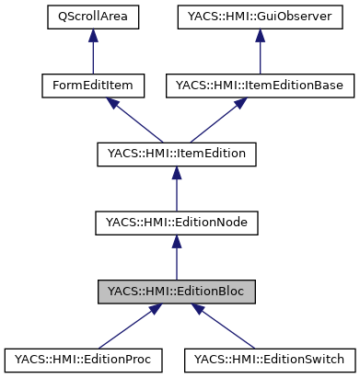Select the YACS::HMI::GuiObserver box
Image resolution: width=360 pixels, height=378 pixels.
coord(261,17)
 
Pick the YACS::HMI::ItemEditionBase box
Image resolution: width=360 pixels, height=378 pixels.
coord(261,86)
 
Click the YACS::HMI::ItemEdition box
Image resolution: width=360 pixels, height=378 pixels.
coord(176,154)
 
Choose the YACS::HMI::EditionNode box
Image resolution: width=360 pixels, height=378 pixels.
coord(176,223)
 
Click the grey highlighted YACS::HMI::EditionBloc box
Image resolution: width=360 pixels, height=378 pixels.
coord(176,292)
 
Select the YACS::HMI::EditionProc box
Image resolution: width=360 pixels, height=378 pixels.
coord(83,360)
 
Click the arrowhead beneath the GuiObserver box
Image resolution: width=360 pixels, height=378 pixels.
coord(261,36)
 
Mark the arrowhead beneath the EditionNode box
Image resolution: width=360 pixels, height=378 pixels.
coord(176,242)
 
